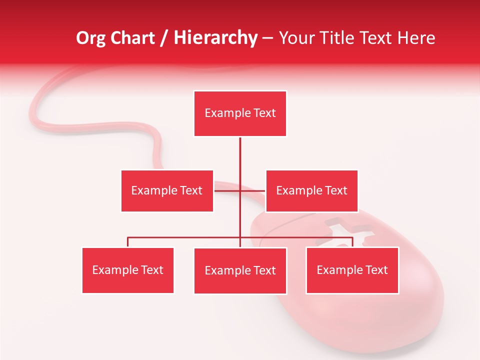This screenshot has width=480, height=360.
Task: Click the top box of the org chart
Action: tap(240, 113)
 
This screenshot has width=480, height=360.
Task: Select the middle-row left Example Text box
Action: tap(167, 190)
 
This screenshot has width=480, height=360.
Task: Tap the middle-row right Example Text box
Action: tap(311, 190)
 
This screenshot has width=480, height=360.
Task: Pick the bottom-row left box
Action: tap(128, 270)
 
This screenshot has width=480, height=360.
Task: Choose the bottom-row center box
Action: tap(240, 271)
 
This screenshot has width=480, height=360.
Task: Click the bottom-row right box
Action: tap(352, 270)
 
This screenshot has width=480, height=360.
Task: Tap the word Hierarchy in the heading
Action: tap(215, 38)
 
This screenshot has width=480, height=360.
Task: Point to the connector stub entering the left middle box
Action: tap(220, 190)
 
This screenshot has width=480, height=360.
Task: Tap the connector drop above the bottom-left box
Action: tap(128, 242)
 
